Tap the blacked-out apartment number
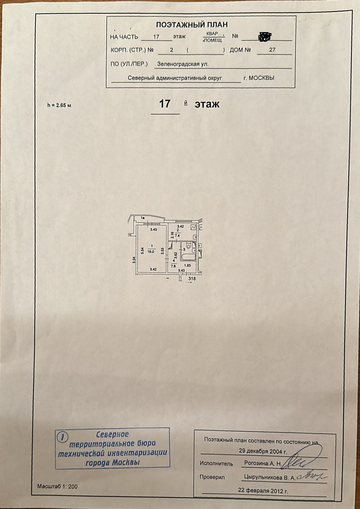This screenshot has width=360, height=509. click(x=265, y=37)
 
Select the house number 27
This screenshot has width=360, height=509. click(x=272, y=50)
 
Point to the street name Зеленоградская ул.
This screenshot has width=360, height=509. click(x=183, y=64)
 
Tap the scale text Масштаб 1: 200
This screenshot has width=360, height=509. click(x=57, y=486)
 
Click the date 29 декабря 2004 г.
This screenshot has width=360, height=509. click(x=263, y=451)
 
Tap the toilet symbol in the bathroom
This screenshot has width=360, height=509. click(x=189, y=246)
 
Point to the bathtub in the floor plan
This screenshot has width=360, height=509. click(x=189, y=256)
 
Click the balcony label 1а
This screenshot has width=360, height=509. click(x=143, y=218)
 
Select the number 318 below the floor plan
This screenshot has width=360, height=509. click(x=192, y=279)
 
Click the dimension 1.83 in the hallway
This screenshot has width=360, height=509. click(x=187, y=265)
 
